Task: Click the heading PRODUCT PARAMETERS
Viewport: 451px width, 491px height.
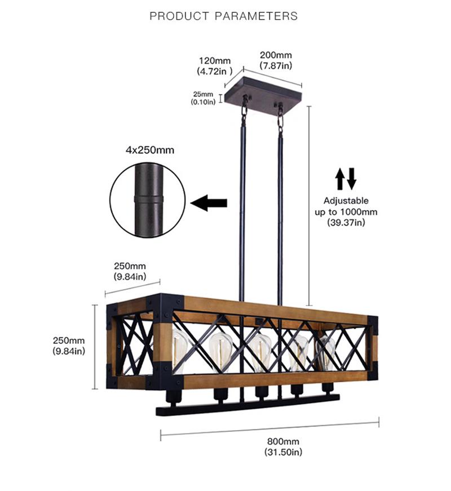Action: tap(224, 16)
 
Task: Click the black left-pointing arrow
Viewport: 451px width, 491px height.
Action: tap(209, 203)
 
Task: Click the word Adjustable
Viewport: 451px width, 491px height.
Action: tap(346, 201)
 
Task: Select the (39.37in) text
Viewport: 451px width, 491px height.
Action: tap(346, 223)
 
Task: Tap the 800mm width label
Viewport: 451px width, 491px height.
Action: tap(283, 441)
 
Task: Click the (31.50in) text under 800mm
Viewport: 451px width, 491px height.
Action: tap(283, 452)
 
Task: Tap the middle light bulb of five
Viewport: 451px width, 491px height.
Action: tap(260, 351)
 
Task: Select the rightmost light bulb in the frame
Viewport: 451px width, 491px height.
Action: tap(326, 350)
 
